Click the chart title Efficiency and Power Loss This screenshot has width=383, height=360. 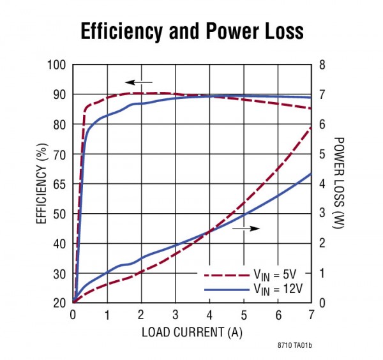(191, 31)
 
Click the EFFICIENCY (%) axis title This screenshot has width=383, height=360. (41, 184)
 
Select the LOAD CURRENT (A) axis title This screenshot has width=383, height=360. (192, 332)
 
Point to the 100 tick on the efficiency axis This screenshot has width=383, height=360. (58, 65)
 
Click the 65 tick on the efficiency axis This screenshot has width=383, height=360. (61, 184)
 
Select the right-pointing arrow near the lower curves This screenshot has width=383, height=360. (246, 228)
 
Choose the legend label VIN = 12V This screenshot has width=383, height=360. (280, 289)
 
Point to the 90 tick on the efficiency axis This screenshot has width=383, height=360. (61, 94)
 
